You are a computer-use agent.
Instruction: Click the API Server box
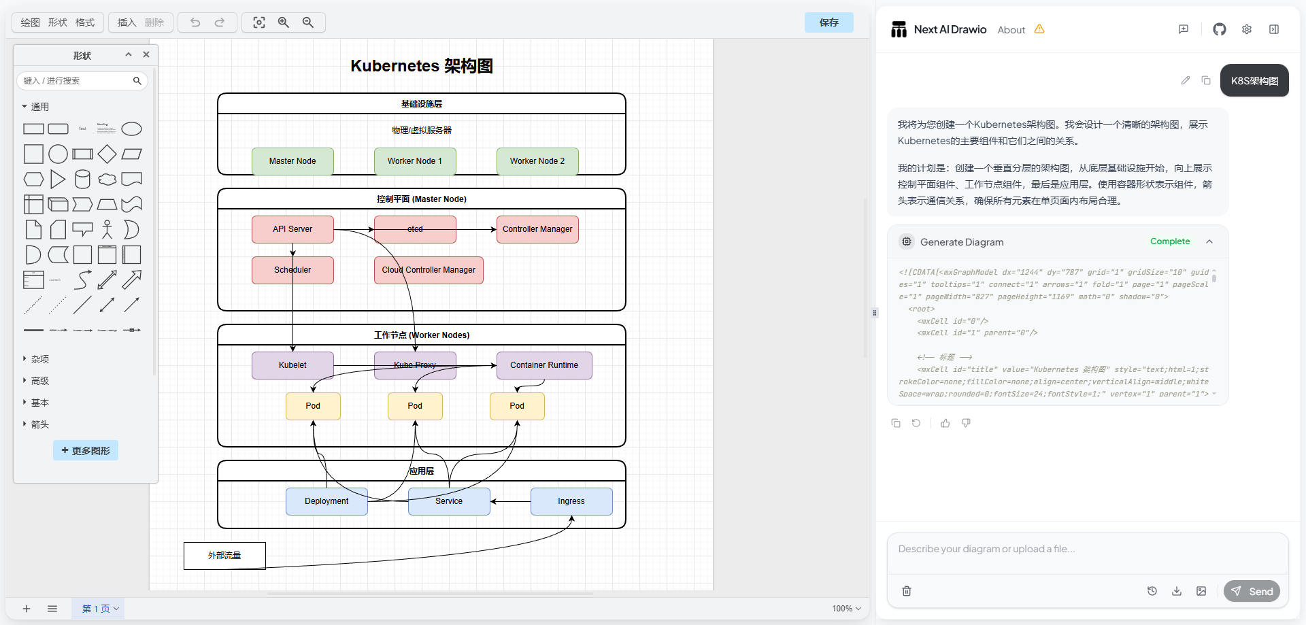click(292, 229)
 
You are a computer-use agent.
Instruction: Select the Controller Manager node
click(537, 229)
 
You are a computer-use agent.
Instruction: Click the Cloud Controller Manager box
click(429, 270)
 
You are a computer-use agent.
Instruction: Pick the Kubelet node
click(292, 365)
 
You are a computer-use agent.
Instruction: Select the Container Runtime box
click(544, 365)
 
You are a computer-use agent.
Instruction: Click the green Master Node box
click(292, 161)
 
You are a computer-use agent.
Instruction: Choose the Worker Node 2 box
click(537, 161)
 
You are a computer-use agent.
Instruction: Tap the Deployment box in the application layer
click(326, 501)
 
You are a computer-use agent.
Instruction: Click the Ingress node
click(571, 501)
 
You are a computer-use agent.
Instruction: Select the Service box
click(449, 501)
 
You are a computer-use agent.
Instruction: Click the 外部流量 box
click(224, 556)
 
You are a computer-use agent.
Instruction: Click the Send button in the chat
click(1252, 591)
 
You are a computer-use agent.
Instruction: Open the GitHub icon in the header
click(1219, 29)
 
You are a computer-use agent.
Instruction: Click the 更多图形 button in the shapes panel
click(86, 450)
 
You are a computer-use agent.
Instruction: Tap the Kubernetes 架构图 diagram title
click(422, 66)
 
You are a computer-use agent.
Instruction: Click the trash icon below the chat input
click(907, 591)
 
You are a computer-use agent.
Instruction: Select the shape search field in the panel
click(76, 81)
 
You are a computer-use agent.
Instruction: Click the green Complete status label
click(1170, 241)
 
